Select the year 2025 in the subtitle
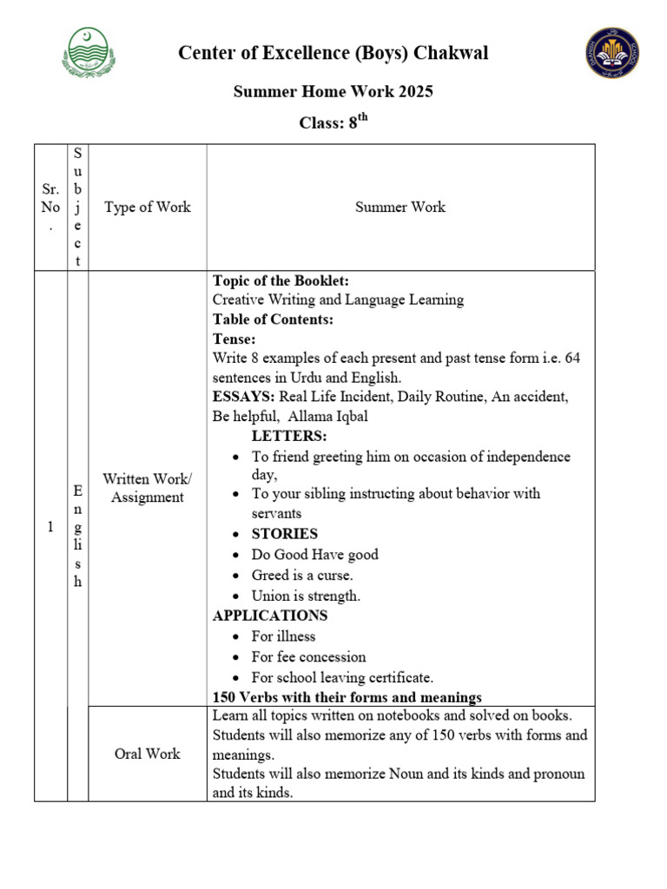(x=413, y=91)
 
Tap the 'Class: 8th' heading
(x=333, y=122)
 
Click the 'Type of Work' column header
(x=147, y=207)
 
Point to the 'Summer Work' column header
(x=400, y=207)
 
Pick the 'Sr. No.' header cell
(x=50, y=207)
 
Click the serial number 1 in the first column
(x=50, y=526)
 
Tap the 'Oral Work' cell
(x=147, y=754)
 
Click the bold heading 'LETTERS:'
(x=289, y=436)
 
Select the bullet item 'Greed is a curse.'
(x=302, y=575)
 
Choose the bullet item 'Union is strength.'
(x=306, y=596)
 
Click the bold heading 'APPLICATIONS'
(x=270, y=616)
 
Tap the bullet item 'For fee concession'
(x=308, y=657)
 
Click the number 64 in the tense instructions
(x=571, y=358)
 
